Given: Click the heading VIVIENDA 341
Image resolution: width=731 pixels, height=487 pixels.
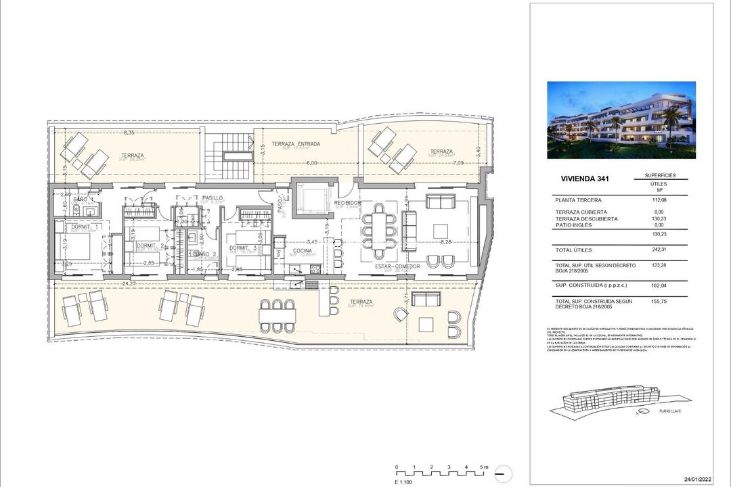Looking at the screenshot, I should pyautogui.click(x=580, y=180).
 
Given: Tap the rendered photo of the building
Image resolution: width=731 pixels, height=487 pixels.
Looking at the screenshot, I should pyautogui.click(x=621, y=120).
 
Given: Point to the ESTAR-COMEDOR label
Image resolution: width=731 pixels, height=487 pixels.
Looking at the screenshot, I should pyautogui.click(x=398, y=266).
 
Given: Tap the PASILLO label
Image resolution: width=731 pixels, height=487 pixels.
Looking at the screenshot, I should pyautogui.click(x=213, y=198).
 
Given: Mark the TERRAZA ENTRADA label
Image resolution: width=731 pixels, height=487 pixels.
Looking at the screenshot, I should pyautogui.click(x=296, y=144).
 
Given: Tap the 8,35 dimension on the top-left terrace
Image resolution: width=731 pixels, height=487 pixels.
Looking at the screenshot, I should pyautogui.click(x=127, y=133).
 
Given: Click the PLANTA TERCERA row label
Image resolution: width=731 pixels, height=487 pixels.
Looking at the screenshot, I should pyautogui.click(x=578, y=200).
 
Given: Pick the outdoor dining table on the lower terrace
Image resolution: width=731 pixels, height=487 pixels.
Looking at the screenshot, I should pyautogui.click(x=278, y=313).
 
